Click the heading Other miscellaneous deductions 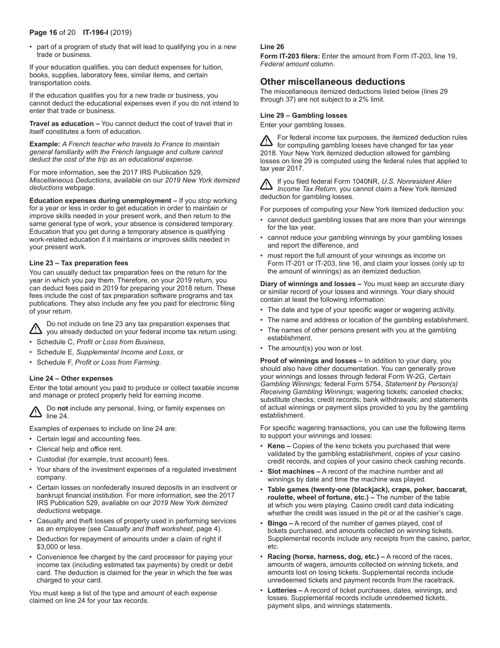click(333, 82)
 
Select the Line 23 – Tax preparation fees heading click(78, 263)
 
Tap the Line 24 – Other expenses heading click(71, 378)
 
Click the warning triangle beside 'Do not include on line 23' click(35, 328)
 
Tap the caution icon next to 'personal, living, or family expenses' click(35, 412)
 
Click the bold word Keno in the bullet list click(276, 446)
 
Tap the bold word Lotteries click(282, 591)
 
